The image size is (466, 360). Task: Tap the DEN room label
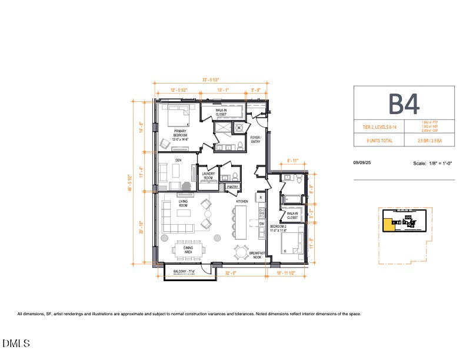pyautogui.click(x=178, y=160)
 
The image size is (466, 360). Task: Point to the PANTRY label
pyautogui.click(x=232, y=187)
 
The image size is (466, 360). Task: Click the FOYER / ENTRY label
pyautogui.click(x=255, y=139)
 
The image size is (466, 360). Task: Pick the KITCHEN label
pyautogui.click(x=242, y=201)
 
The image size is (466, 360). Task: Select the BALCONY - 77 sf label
pyautogui.click(x=184, y=272)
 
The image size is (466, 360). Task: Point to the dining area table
pyautogui.click(x=189, y=249)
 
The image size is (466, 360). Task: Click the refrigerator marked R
pyautogui.click(x=261, y=198)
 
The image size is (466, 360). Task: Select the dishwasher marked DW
pyautogui.click(x=261, y=223)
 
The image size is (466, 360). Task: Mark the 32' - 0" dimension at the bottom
pyautogui.click(x=231, y=274)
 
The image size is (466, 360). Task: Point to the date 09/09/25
pyautogui.click(x=362, y=163)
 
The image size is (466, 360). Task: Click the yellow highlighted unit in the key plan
pyautogui.click(x=389, y=225)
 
